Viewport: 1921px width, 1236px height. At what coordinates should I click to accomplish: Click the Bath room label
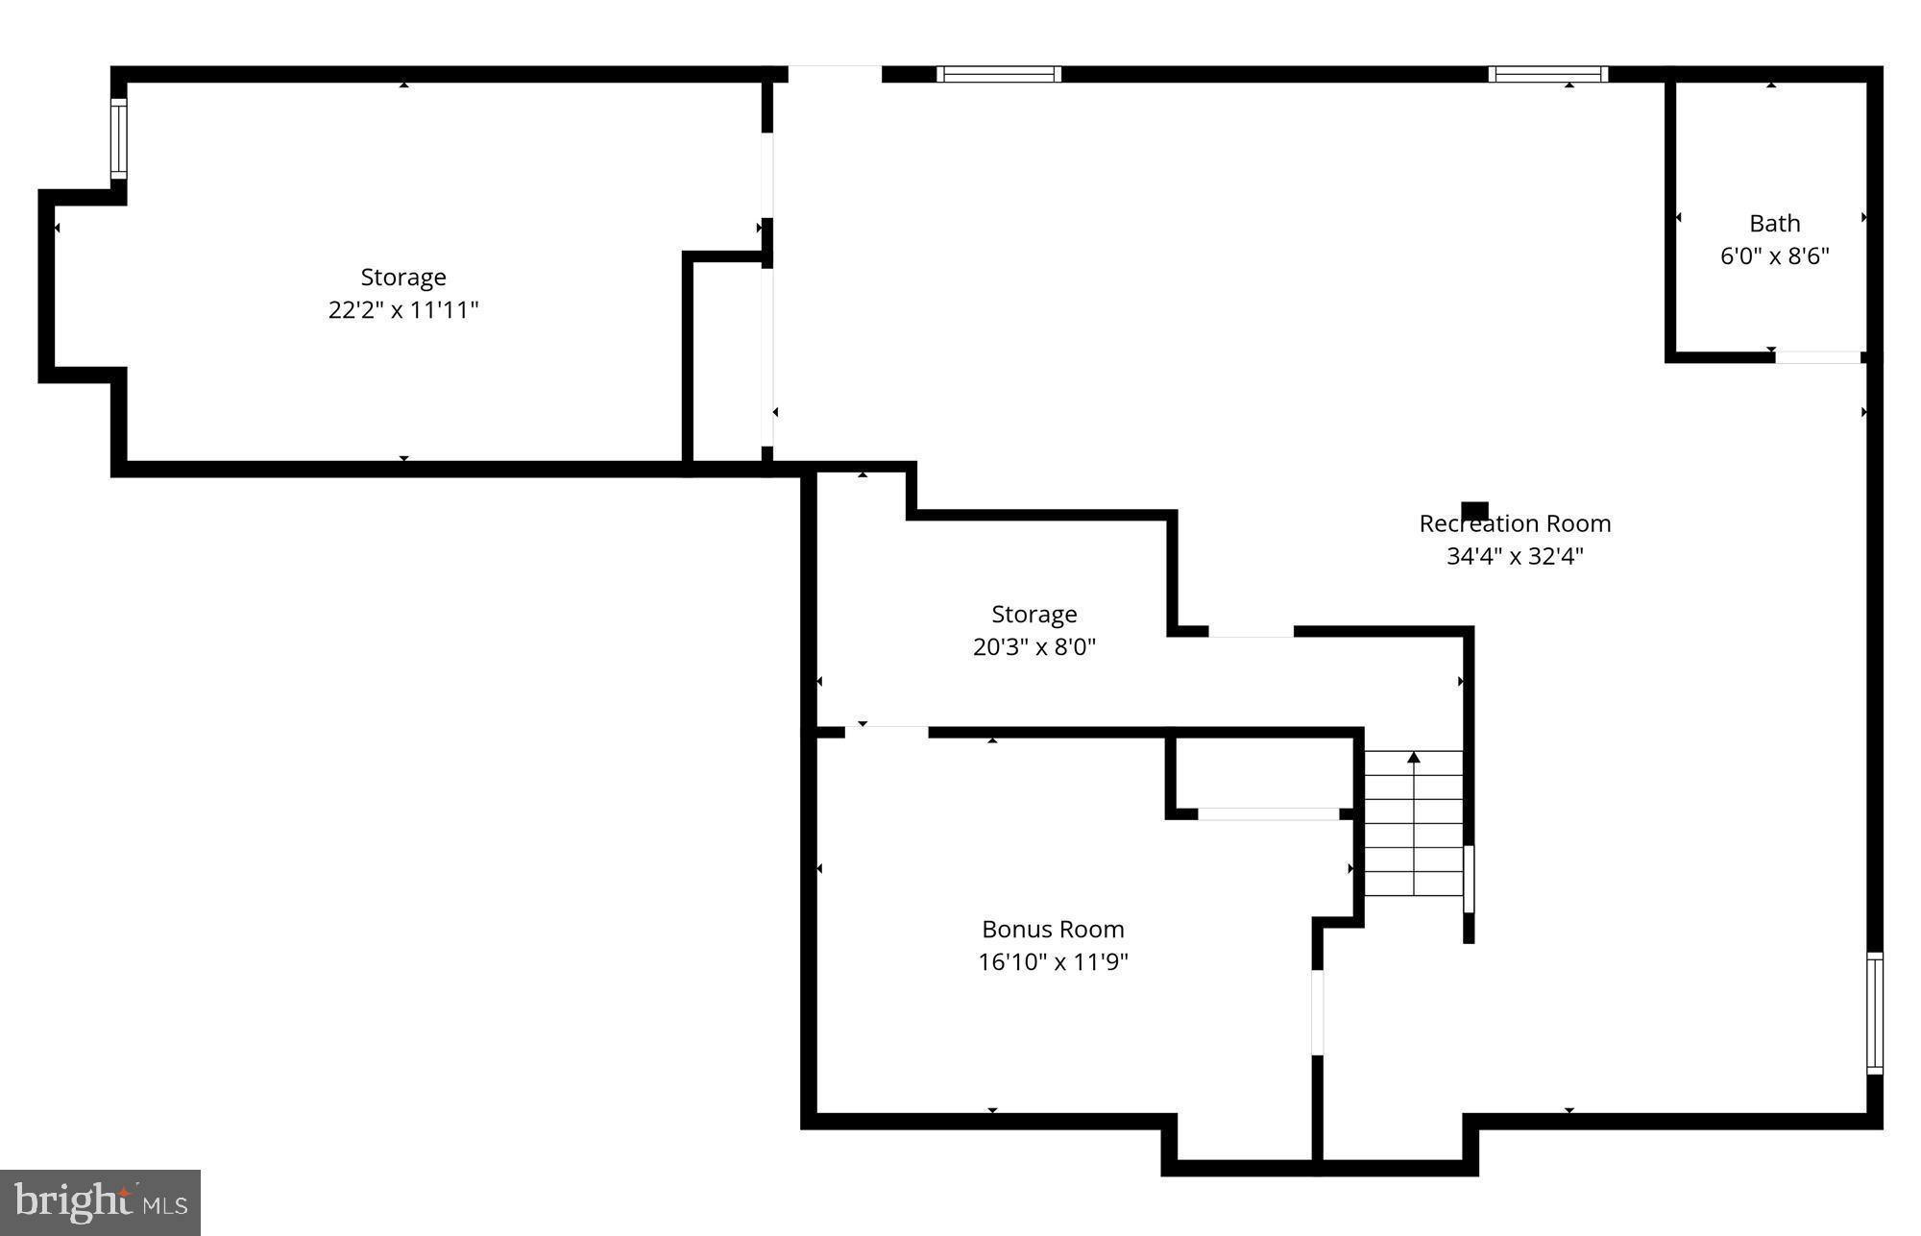point(1774,223)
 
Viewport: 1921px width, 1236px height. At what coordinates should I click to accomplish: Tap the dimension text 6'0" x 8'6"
point(1774,256)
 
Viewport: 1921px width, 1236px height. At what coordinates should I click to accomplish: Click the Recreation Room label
point(1515,523)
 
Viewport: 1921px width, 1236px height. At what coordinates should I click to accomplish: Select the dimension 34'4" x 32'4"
point(1515,556)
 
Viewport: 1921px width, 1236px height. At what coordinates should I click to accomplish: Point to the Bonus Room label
point(1053,929)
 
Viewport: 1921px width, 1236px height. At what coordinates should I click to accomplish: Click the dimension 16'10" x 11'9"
point(1053,961)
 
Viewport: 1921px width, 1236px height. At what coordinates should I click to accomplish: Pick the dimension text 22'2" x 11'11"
point(403,310)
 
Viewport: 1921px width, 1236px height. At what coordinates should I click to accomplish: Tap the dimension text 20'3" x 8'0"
point(1033,646)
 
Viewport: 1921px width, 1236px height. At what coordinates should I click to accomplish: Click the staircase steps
point(1414,836)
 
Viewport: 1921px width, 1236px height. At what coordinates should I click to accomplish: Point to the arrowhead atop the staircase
point(1414,758)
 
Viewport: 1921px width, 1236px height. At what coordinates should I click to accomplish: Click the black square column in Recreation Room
point(1474,510)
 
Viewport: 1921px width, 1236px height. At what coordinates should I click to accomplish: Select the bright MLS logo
point(100,1201)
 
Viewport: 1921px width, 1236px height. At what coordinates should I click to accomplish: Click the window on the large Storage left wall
point(118,138)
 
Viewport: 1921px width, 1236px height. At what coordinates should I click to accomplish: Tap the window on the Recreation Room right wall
point(1874,1012)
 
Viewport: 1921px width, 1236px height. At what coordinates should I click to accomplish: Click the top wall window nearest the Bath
point(1547,74)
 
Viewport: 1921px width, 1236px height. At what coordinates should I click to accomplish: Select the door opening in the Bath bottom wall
point(1817,357)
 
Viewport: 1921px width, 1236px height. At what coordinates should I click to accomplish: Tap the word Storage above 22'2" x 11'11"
point(403,277)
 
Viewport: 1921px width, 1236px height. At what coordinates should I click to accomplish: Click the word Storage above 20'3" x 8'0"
point(1033,614)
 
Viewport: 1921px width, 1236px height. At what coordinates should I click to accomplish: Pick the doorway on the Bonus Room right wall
point(1318,1012)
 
